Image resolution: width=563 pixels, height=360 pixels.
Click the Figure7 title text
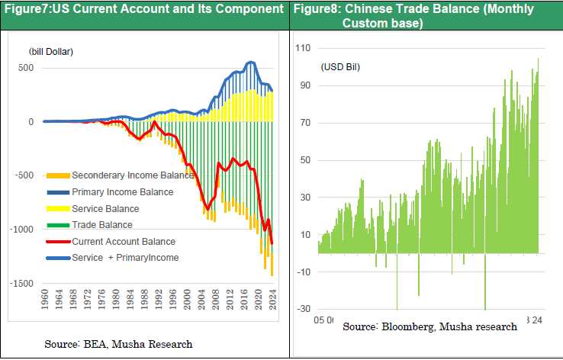click(x=143, y=11)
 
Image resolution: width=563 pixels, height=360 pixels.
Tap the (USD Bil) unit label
click(x=340, y=67)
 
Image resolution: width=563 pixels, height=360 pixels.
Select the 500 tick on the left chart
click(x=26, y=68)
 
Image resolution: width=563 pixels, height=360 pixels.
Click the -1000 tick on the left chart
click(x=22, y=230)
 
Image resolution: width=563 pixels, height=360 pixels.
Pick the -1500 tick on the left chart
click(x=22, y=283)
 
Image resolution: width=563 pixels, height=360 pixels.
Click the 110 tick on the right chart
click(x=304, y=48)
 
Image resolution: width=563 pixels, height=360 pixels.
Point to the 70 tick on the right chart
click(x=307, y=123)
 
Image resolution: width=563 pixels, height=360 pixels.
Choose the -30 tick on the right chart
click(x=305, y=308)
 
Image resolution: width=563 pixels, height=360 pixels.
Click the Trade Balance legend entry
click(x=101, y=225)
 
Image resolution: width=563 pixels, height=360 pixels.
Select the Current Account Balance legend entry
click(x=123, y=241)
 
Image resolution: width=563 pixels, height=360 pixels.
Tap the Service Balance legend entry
click(x=105, y=208)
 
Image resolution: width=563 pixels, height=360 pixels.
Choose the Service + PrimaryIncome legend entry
click(x=124, y=258)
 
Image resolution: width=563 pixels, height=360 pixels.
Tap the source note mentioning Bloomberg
click(x=429, y=326)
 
